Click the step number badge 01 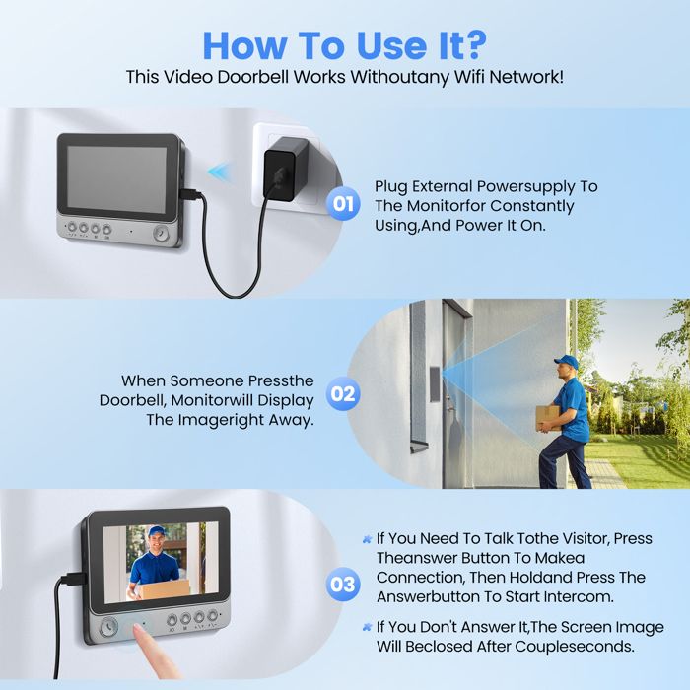(x=342, y=205)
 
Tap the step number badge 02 (x=342, y=394)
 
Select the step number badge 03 (x=342, y=585)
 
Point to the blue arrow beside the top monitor (x=219, y=172)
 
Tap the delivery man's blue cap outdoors (x=565, y=362)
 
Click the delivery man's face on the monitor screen (x=156, y=541)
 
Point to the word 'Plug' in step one (x=391, y=186)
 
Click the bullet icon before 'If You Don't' (x=366, y=628)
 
